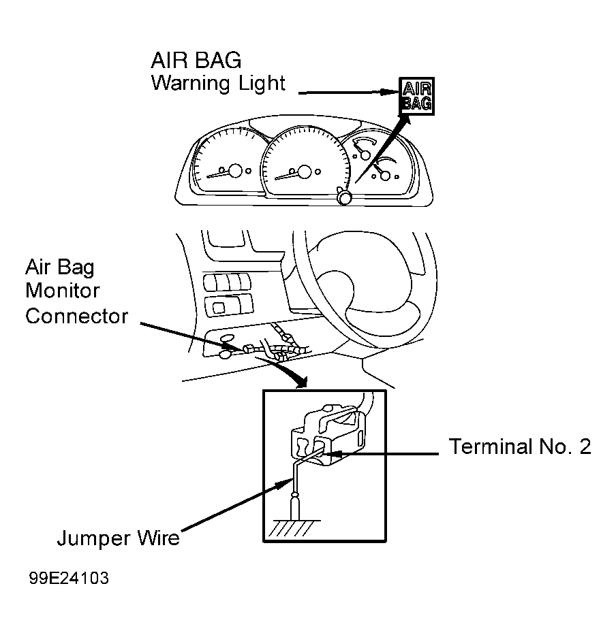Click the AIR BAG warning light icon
tap(416, 96)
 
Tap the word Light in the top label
tap(262, 84)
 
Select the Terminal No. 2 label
tap(520, 446)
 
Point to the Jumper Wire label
tap(118, 538)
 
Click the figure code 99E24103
tap(69, 578)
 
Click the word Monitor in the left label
tap(62, 291)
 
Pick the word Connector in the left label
tap(76, 316)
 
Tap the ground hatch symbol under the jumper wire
tap(294, 527)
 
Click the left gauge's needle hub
tap(235, 171)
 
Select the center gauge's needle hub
tap(305, 172)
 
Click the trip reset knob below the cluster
tap(345, 198)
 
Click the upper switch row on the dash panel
tap(227, 282)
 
